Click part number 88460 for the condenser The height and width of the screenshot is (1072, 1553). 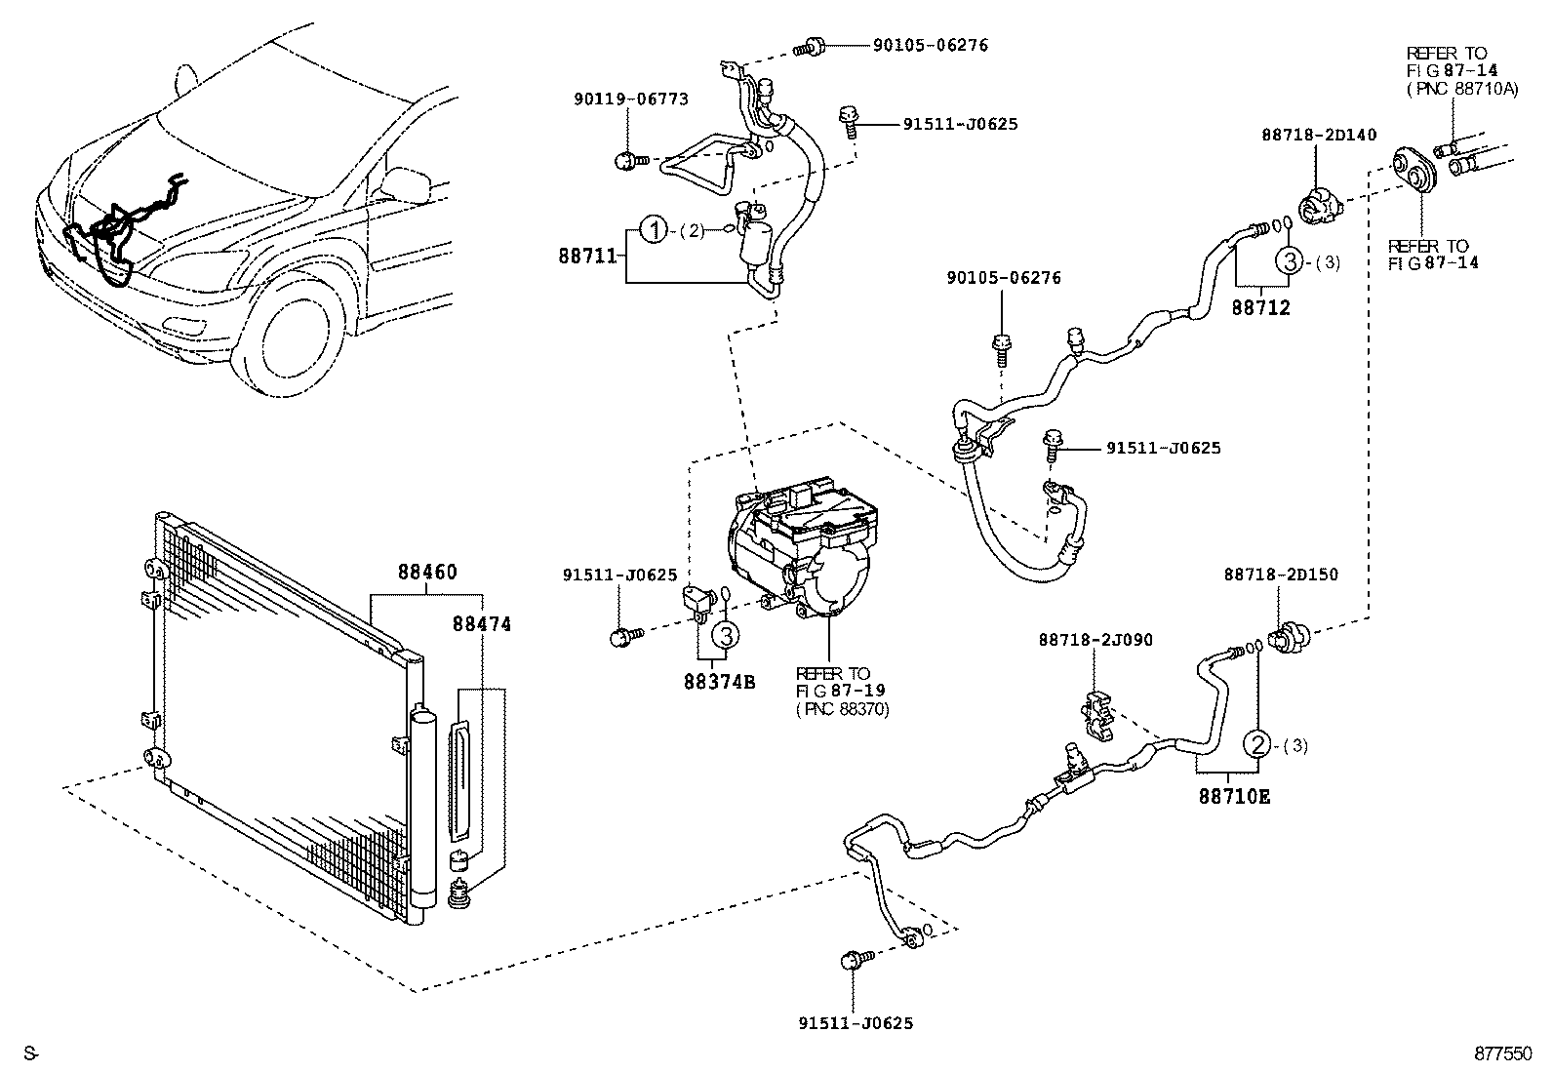(426, 572)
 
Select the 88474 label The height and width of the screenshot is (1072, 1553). (480, 623)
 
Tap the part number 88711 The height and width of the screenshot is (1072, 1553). (587, 256)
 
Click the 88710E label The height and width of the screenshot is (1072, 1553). (1234, 796)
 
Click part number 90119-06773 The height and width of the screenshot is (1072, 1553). (631, 99)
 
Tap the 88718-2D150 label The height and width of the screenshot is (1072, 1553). (1281, 576)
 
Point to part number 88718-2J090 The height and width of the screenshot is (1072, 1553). (1095, 640)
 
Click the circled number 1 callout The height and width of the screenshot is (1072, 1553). (654, 231)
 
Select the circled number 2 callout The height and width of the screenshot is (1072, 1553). (1257, 745)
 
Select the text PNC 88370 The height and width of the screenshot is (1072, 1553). (842, 708)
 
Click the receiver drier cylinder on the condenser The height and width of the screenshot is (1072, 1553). (421, 810)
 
